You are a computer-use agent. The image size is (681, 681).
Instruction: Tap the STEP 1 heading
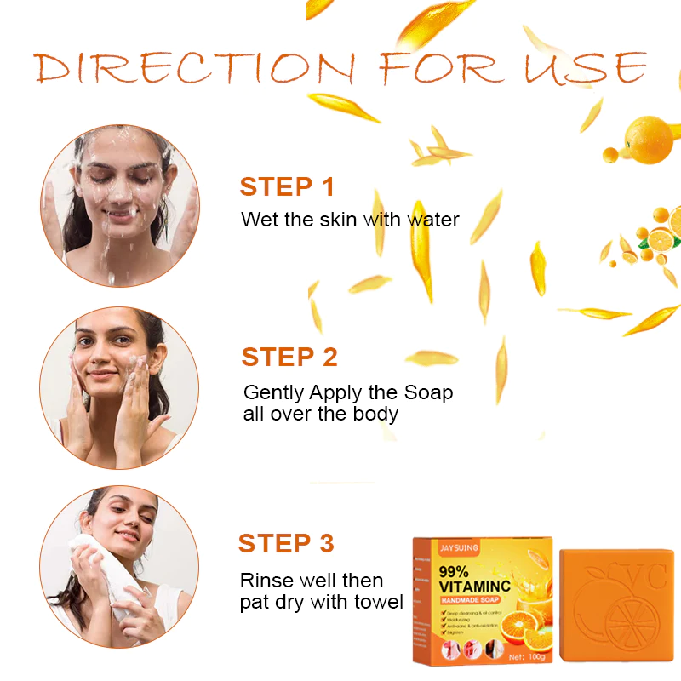(287, 186)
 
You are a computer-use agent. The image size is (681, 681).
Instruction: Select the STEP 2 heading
(289, 357)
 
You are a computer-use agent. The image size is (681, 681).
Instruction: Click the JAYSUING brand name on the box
(460, 550)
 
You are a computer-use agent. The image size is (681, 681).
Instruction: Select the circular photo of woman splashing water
(119, 205)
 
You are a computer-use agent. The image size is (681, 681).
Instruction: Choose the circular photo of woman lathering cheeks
(119, 387)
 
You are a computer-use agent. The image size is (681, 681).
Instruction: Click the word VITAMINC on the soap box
(477, 586)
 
